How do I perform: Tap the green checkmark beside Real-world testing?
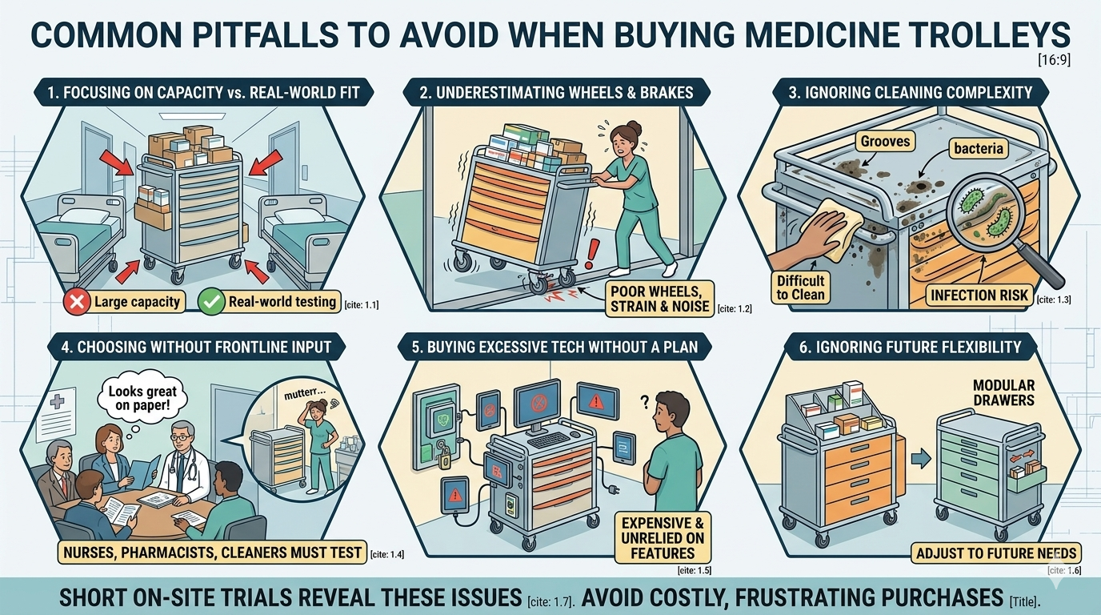tap(210, 302)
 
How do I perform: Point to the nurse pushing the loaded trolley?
tap(632, 200)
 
